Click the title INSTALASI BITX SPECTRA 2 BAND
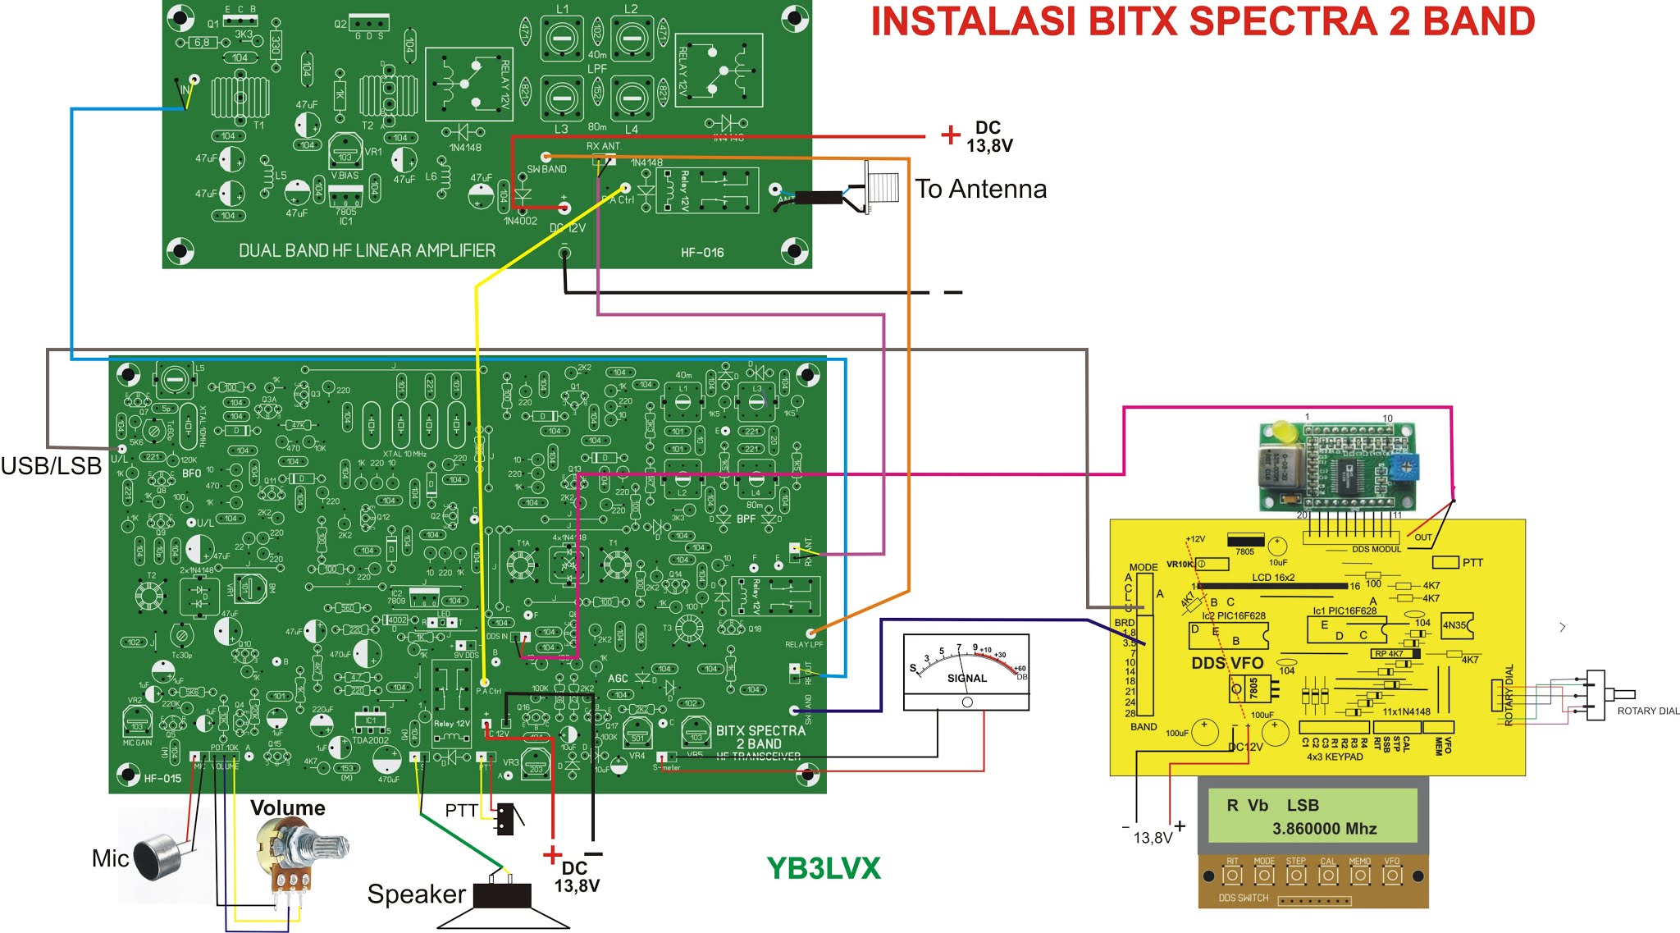1202,22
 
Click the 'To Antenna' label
980,190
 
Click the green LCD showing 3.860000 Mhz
1312,816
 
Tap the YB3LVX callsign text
823,868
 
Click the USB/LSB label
51,466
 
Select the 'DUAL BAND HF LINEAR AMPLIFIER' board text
367,250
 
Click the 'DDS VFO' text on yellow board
1227,663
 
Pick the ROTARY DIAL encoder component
1596,695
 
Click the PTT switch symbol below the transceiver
506,818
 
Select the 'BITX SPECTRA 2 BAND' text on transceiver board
760,737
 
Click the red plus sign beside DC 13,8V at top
950,135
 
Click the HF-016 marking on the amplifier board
702,253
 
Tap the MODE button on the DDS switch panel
1263,876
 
